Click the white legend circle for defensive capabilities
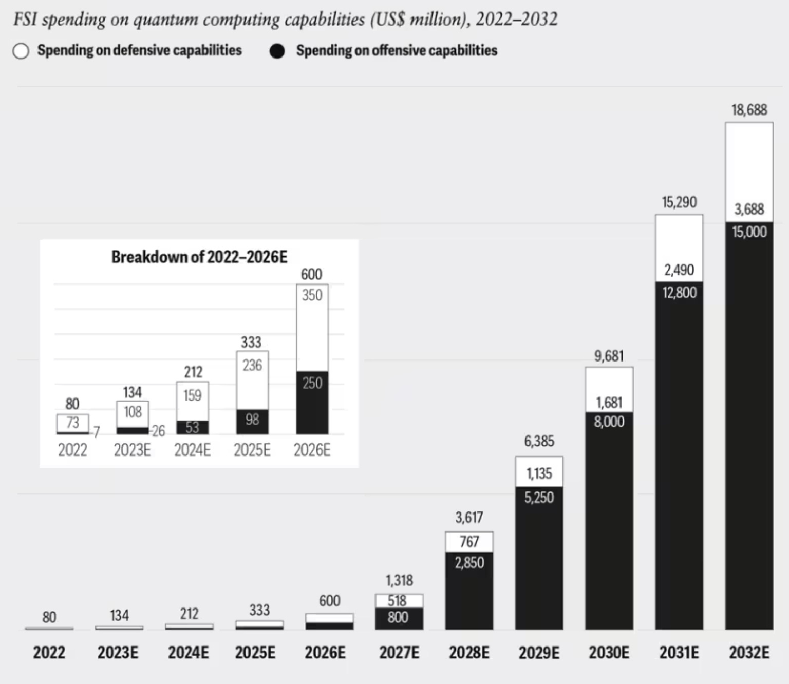coord(21,51)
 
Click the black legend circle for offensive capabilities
coord(277,51)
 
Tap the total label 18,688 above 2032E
coord(749,110)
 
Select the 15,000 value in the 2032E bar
coord(749,232)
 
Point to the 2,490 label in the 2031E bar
coord(679,270)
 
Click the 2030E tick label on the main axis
coord(609,653)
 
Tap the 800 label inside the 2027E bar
coord(398,617)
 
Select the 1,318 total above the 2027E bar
coord(399,580)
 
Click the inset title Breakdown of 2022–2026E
coord(199,257)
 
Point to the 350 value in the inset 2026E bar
coord(312,295)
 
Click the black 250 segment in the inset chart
coord(312,401)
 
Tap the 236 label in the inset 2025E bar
coord(252,365)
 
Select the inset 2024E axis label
coord(192,450)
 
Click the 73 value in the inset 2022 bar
coord(72,422)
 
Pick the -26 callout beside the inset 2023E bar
coord(158,431)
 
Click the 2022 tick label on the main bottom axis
coord(49,653)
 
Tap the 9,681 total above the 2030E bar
coord(609,356)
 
